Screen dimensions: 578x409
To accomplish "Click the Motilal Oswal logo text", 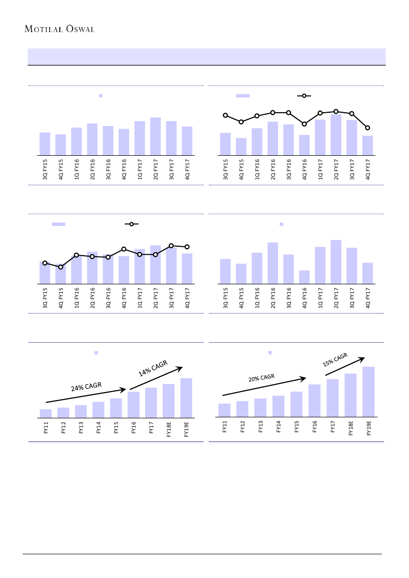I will pyautogui.click(x=59, y=29).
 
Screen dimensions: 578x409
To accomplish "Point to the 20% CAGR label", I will pyautogui.click(x=261, y=378).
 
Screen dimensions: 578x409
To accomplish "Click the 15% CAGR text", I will pyautogui.click(x=335, y=360).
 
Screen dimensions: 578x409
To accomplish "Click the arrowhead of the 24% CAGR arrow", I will pyautogui.click(x=124, y=389).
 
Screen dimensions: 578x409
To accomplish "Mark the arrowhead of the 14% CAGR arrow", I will pyautogui.click(x=182, y=367).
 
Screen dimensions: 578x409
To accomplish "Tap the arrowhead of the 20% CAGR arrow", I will pyautogui.click(x=305, y=379).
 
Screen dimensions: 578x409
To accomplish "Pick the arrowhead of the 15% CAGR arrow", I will pyautogui.click(x=364, y=358).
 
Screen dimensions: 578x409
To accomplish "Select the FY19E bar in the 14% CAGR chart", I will pyautogui.click(x=186, y=398).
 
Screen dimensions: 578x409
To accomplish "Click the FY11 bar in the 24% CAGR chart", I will pyautogui.click(x=45, y=413).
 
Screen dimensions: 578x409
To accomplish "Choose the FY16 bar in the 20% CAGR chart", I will pyautogui.click(x=315, y=401).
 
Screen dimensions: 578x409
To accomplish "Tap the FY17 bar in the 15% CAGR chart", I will pyautogui.click(x=332, y=398).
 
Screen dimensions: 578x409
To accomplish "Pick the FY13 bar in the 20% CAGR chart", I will pyautogui.click(x=260, y=408).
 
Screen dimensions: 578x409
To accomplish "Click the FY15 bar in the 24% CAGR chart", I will pyautogui.click(x=116, y=408).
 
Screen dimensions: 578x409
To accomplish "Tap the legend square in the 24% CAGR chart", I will pyautogui.click(x=96, y=353).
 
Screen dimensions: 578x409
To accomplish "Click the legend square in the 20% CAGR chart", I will pyautogui.click(x=270, y=353).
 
